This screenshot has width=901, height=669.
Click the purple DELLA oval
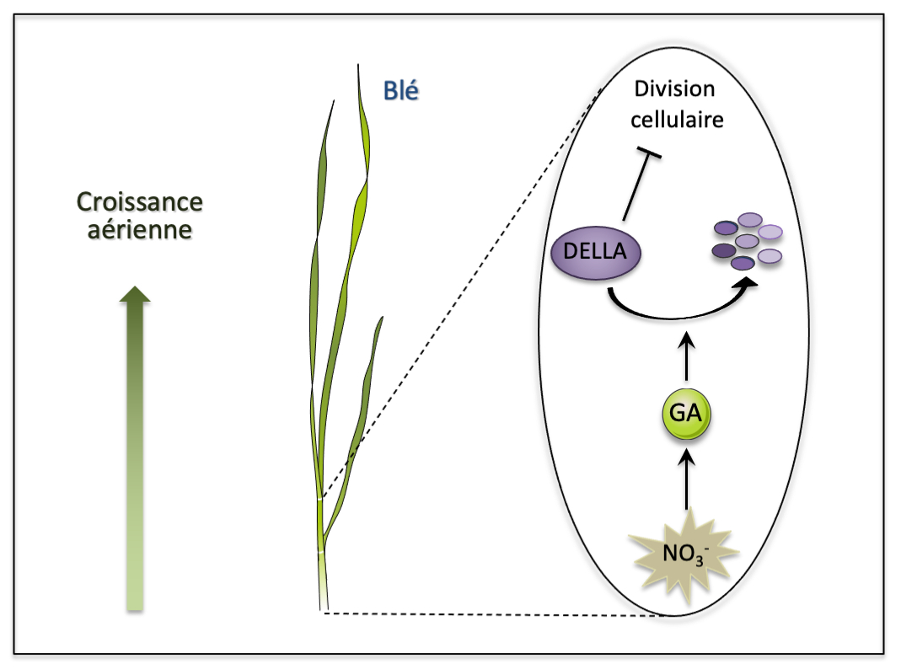[595, 252]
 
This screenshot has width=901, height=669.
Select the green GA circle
[686, 414]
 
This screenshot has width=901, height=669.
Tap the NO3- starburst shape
[684, 554]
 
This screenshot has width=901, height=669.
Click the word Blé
[401, 91]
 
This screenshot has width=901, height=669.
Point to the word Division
[674, 89]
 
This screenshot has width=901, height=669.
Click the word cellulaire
[677, 120]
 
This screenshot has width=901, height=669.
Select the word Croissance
[140, 202]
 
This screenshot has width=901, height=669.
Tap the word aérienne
[140, 230]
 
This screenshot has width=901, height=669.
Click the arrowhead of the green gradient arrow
[135, 293]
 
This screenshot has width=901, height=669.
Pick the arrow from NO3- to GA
[687, 479]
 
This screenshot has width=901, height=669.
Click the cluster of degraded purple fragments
[747, 241]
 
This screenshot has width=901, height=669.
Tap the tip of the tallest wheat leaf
[358, 65]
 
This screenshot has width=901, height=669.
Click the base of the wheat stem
[324, 608]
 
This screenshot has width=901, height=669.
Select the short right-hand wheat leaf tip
[382, 318]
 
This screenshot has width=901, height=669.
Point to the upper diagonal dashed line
[461, 293]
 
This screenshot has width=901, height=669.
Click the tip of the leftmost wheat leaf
[334, 102]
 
